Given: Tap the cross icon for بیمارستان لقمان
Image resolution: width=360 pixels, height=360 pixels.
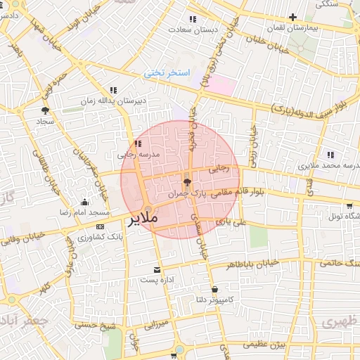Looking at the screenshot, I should [x=292, y=17].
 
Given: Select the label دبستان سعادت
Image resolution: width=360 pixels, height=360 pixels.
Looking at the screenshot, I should [x=193, y=30].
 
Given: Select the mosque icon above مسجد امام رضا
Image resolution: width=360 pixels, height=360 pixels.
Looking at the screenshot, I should [x=85, y=202].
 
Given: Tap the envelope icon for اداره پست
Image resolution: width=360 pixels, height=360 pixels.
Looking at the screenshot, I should [x=156, y=270].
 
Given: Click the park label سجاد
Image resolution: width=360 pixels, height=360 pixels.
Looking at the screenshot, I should [x=46, y=121].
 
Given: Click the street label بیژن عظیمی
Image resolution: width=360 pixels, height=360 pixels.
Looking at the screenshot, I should [x=265, y=345].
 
